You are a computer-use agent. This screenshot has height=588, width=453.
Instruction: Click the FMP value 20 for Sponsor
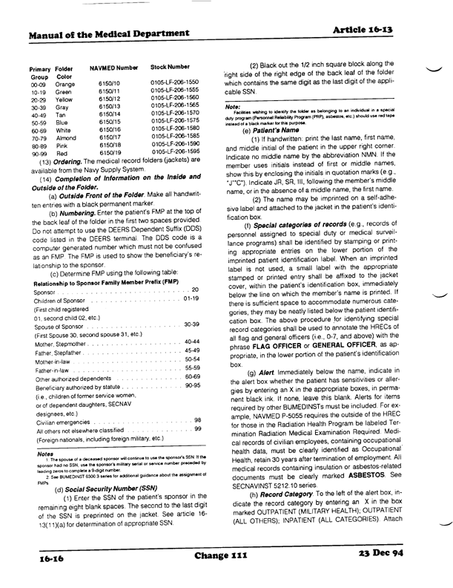pyautogui.click(x=196, y=268)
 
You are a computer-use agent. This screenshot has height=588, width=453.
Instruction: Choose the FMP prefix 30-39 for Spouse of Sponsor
pyautogui.click(x=193, y=304)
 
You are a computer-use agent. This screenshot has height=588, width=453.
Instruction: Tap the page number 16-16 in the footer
pyautogui.click(x=47, y=555)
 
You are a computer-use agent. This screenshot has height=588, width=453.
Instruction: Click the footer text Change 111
pyautogui.click(x=226, y=554)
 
